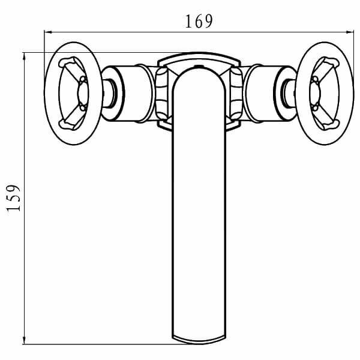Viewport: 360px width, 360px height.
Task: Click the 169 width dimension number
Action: (199, 22)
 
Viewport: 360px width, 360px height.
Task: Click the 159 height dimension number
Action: (13, 198)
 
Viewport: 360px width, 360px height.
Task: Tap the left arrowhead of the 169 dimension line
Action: (48, 32)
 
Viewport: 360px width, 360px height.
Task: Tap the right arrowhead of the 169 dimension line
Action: (350, 32)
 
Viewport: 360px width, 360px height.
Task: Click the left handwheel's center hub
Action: (83, 94)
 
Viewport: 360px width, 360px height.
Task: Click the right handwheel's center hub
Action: (315, 94)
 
